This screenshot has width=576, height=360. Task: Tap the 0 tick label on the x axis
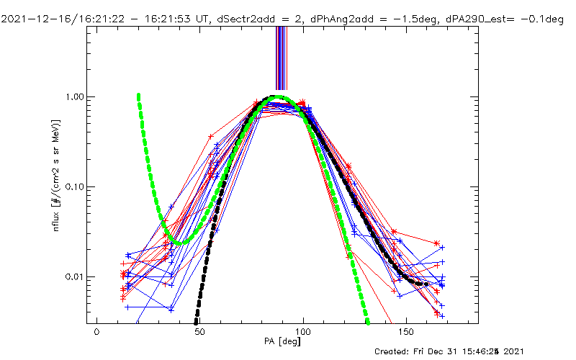pos(96,334)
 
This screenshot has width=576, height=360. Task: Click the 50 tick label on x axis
pos(200,334)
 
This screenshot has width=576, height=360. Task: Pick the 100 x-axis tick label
pos(304,334)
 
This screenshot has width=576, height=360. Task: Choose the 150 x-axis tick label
pos(408,334)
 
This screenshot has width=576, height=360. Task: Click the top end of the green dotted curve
pos(138,96)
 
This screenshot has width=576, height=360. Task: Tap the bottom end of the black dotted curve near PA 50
pos(195,322)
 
